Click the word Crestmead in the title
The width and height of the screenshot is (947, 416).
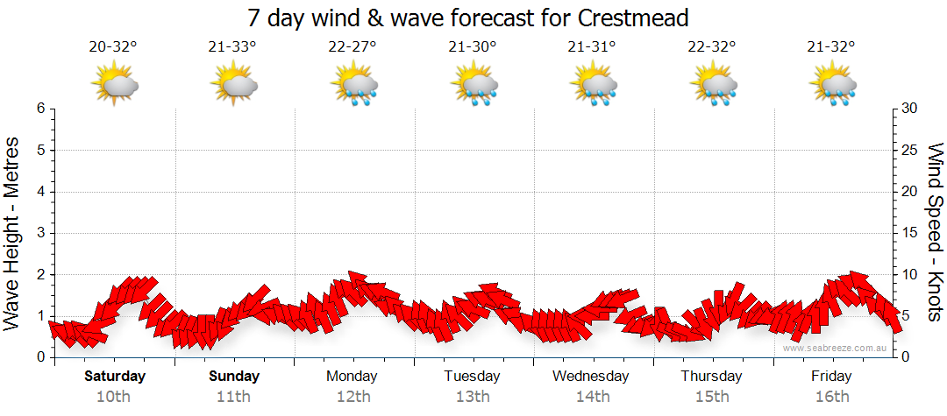pos(634,17)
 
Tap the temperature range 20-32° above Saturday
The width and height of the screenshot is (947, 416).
pos(113,47)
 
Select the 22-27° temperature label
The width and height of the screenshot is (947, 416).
pos(352,47)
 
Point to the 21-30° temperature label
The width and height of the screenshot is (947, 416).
pos(472,47)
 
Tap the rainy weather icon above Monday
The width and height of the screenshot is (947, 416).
pos(354,85)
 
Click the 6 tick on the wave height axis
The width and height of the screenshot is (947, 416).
pos(40,109)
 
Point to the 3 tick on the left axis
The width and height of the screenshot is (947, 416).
pos(40,233)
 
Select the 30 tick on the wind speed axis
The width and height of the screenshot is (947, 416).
pos(910,109)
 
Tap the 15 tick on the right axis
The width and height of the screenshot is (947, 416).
pos(910,233)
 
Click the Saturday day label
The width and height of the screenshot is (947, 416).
pos(115,377)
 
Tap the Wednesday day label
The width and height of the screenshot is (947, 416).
pos(591,377)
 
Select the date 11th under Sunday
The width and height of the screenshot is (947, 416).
pos(235,397)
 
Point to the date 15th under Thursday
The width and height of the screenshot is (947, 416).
pos(711,397)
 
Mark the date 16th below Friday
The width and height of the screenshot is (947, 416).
pos(831,397)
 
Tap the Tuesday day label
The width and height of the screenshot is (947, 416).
pos(472,377)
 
